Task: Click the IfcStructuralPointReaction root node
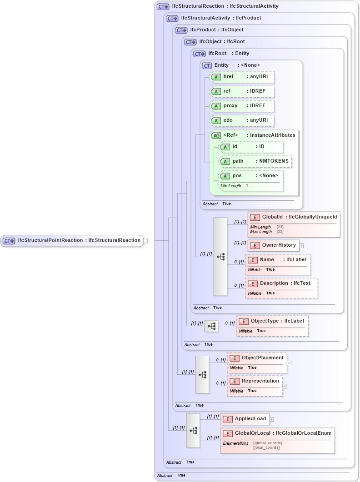(73, 240)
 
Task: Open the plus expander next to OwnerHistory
(301, 246)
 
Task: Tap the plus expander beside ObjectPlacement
(289, 363)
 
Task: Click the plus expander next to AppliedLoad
(272, 419)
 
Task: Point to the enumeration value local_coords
(266, 448)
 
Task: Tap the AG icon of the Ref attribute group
(216, 135)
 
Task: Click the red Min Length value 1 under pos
(247, 186)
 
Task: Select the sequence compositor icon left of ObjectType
(211, 326)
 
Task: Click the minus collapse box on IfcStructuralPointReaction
(145, 241)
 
